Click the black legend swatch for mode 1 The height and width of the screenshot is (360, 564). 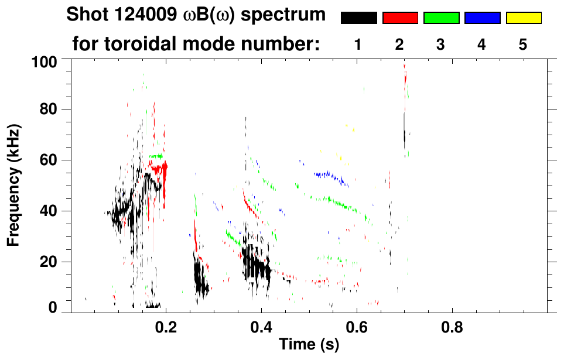tap(358, 18)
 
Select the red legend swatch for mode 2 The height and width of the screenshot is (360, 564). tap(400, 18)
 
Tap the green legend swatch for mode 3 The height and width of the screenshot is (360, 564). tap(441, 18)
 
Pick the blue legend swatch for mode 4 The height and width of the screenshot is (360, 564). tap(482, 18)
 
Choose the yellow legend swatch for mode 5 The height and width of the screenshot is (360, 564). tap(523, 18)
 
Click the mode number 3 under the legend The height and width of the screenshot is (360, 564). tap(440, 45)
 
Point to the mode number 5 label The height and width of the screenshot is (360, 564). tap(522, 45)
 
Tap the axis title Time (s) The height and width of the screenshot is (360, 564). tap(308, 345)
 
